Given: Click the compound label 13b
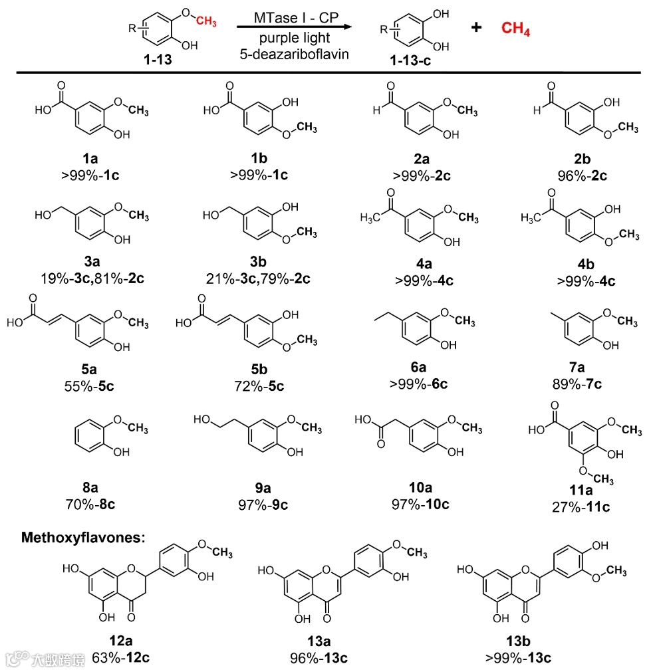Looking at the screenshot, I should tap(518, 642).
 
